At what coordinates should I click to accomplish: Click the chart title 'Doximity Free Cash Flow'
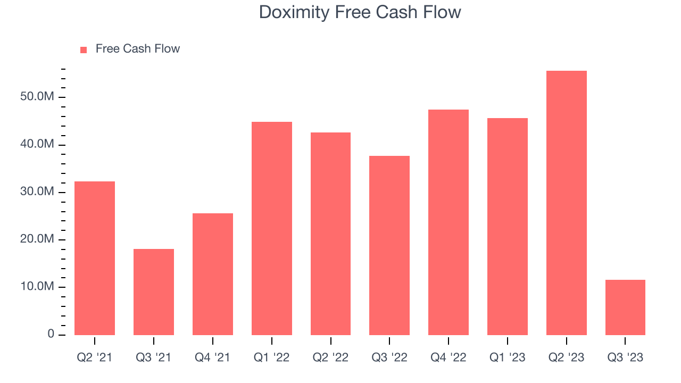pos(360,12)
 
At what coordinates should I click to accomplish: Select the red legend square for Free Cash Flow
pos(84,50)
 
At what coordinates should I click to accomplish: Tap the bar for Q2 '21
pos(95,258)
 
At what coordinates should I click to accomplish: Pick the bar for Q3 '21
pos(154,292)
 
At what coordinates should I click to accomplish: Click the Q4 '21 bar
pos(213,274)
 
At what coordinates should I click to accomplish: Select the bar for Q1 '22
pos(272,228)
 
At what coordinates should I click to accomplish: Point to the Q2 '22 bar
pos(331,234)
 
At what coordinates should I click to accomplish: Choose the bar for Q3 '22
pos(389,245)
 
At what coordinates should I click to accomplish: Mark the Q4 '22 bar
pos(449,222)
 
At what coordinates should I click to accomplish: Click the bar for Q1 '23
pos(508,226)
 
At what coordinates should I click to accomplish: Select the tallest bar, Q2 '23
pos(567,203)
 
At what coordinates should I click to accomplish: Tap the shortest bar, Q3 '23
pos(626,307)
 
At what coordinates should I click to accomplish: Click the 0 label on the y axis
pos(51,334)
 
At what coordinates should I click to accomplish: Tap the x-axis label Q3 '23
pos(626,357)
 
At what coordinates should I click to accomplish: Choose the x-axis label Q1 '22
pos(272,357)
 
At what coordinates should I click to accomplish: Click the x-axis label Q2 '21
pos(95,357)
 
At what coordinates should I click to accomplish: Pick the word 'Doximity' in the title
pos(294,12)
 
